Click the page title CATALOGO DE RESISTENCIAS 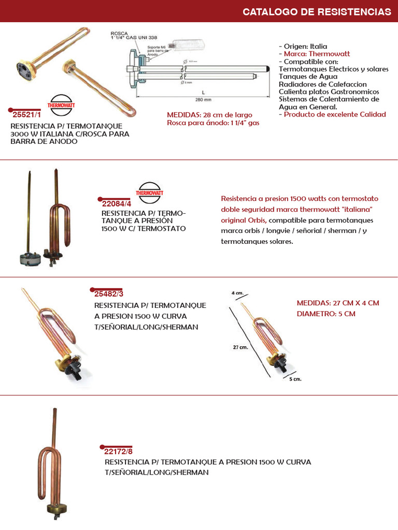317,11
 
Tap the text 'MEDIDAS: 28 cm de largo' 209,114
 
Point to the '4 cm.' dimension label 238,293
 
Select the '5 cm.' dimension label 294,379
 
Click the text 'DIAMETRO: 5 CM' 326,314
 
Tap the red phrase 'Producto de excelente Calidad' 334,114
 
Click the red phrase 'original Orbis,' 244,220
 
